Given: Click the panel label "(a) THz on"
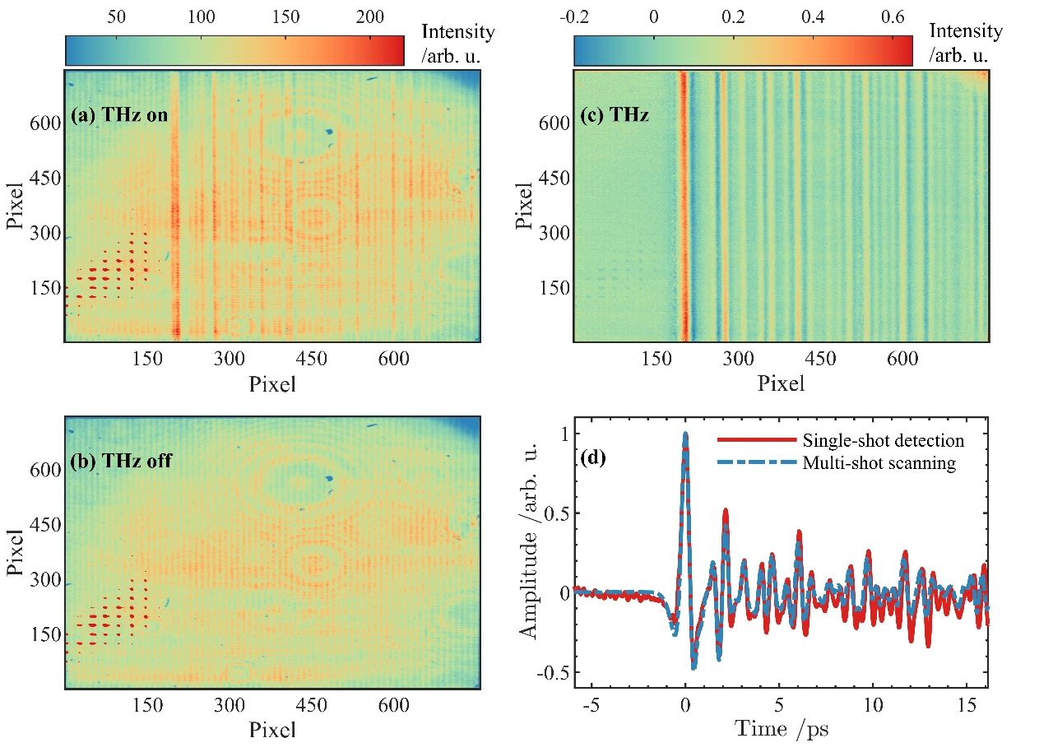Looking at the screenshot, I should [x=119, y=115].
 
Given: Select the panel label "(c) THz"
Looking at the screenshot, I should [x=614, y=115].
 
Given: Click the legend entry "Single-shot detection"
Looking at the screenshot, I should [x=881, y=441].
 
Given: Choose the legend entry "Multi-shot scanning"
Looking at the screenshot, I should [x=879, y=463].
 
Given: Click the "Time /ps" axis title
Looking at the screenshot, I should [x=781, y=727].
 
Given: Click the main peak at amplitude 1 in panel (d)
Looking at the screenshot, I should [x=685, y=434].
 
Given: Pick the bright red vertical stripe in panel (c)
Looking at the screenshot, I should [x=682, y=206].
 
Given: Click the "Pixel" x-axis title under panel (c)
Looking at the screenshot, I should [x=781, y=383].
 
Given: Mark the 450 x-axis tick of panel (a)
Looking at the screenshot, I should [x=312, y=359].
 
